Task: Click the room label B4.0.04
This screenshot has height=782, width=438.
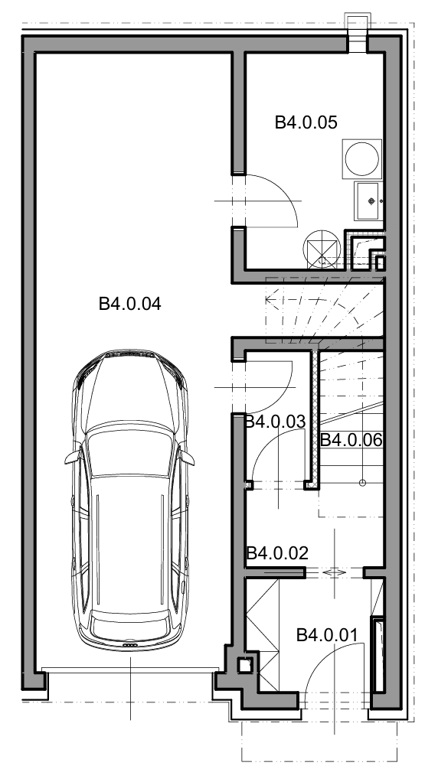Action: (129, 304)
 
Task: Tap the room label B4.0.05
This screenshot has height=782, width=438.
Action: (306, 122)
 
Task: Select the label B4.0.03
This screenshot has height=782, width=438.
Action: (275, 422)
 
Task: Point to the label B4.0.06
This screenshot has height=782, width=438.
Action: (351, 440)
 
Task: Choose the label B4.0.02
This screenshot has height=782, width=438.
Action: (278, 553)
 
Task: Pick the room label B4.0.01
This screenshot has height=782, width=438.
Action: (327, 635)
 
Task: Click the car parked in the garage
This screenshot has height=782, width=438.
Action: (129, 500)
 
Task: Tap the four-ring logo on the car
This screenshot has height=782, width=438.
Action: (129, 645)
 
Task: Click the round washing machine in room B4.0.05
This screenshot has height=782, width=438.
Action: (362, 159)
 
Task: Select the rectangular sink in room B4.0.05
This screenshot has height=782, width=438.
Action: (368, 201)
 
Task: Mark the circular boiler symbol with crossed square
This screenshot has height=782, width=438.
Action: (322, 249)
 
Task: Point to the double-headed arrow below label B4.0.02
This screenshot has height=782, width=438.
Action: (334, 573)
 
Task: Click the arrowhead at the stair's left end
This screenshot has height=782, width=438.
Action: (269, 300)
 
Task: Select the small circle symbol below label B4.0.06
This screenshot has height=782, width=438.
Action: (363, 483)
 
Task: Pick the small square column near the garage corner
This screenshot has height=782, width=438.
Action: (244, 665)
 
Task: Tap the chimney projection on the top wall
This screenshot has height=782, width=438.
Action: (358, 33)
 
